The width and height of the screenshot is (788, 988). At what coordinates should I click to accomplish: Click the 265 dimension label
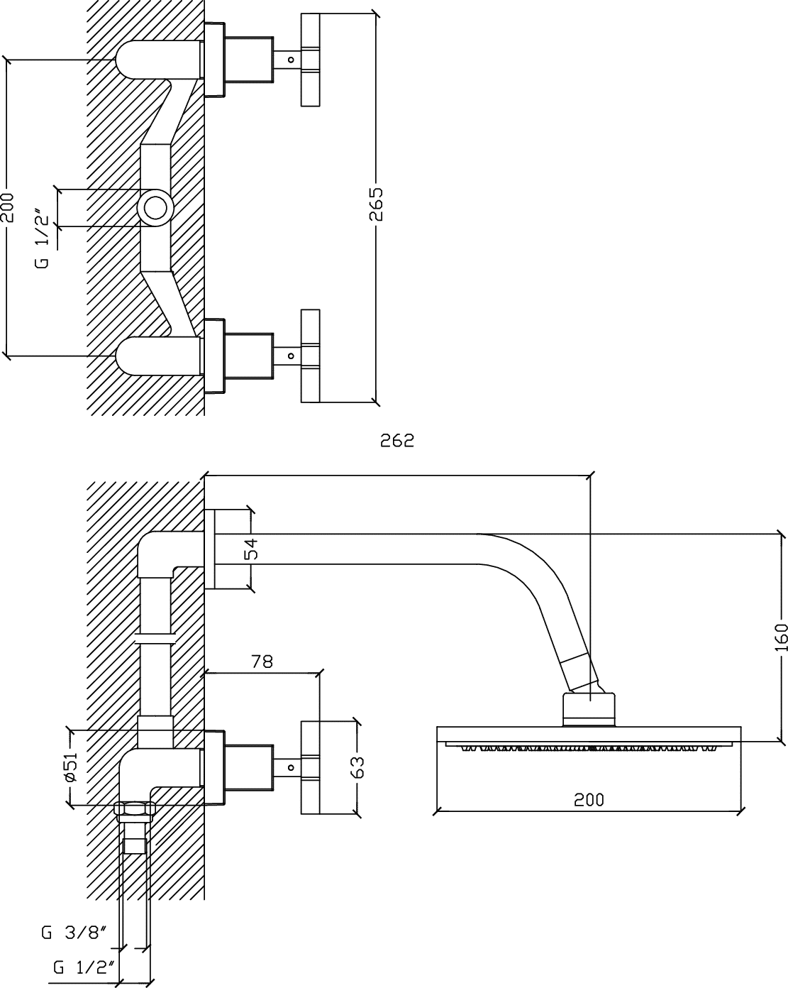[x=376, y=204]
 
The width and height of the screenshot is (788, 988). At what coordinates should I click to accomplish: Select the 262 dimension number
[x=397, y=441]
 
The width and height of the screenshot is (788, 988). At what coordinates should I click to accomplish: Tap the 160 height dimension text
[x=780, y=637]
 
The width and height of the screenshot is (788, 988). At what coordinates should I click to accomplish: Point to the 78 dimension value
[x=262, y=661]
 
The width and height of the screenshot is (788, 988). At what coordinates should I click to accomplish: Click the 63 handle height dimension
[x=357, y=767]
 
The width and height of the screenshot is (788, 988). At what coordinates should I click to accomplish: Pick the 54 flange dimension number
[x=251, y=549]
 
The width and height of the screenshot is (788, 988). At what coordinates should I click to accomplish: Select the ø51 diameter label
[x=70, y=767]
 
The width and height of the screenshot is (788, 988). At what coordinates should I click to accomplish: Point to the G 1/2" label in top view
[x=42, y=239]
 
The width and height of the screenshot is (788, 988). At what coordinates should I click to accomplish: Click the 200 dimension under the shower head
[x=589, y=800]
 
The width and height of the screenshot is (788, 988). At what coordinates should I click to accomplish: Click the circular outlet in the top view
[x=155, y=208]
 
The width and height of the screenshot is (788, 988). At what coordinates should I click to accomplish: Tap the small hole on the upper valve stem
[x=291, y=60]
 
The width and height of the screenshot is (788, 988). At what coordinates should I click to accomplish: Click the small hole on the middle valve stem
[x=291, y=356]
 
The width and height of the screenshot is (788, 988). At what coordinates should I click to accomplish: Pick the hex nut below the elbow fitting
[x=135, y=812]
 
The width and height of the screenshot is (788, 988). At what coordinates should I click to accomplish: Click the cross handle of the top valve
[x=310, y=60]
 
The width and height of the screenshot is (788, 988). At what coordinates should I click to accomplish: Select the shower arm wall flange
[x=209, y=549]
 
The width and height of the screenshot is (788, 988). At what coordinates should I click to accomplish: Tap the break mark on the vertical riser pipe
[x=155, y=640]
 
